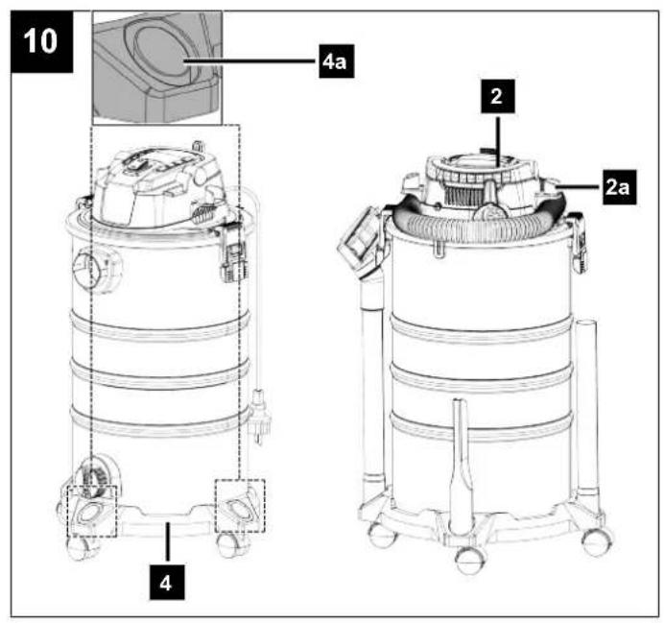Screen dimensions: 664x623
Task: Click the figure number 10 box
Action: click(x=41, y=41)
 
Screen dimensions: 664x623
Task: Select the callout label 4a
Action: click(x=336, y=61)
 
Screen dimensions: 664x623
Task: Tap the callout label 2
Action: click(x=498, y=96)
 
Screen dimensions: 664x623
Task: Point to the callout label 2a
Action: click(x=619, y=187)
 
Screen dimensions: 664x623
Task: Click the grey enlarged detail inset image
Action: click(x=157, y=67)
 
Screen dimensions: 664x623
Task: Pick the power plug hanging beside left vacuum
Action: click(x=258, y=417)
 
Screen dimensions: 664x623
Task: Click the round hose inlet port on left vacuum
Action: click(x=97, y=269)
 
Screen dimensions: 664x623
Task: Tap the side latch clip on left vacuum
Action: click(x=232, y=252)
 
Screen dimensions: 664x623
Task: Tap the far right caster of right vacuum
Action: click(x=597, y=541)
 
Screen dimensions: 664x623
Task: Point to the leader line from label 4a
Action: click(x=251, y=62)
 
